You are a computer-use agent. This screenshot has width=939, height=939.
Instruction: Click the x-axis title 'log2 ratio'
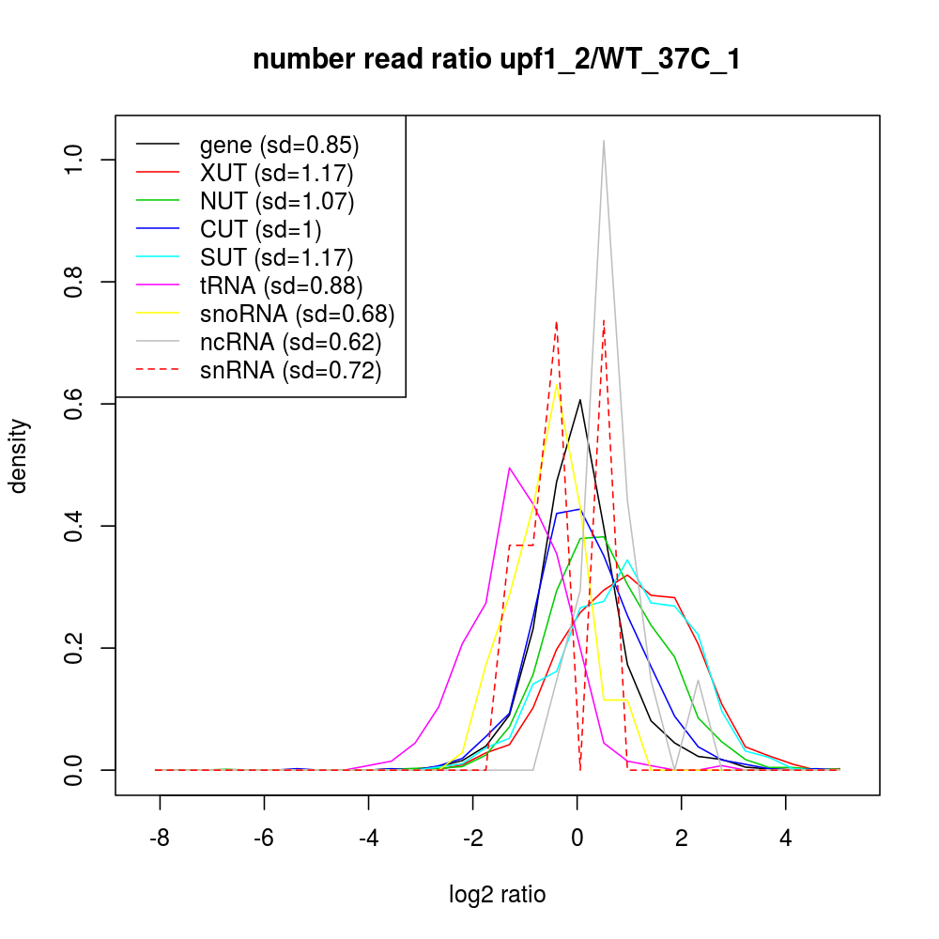[497, 894]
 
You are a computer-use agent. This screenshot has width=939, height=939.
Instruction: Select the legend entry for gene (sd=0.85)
[280, 146]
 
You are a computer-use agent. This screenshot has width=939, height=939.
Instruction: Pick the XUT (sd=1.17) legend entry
[277, 174]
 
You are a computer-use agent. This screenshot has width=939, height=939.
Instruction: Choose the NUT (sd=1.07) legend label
[277, 201]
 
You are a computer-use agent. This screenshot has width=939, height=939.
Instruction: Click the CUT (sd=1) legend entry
[261, 229]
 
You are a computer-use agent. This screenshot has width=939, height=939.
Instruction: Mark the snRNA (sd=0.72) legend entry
[291, 370]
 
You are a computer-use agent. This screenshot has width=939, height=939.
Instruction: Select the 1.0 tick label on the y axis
[74, 160]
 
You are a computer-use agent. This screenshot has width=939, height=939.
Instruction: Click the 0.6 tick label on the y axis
[74, 404]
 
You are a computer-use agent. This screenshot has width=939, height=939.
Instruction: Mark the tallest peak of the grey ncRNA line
[603, 141]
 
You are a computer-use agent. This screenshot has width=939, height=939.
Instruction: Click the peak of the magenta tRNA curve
[509, 468]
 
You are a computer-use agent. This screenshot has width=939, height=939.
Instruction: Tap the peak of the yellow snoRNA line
[557, 383]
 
